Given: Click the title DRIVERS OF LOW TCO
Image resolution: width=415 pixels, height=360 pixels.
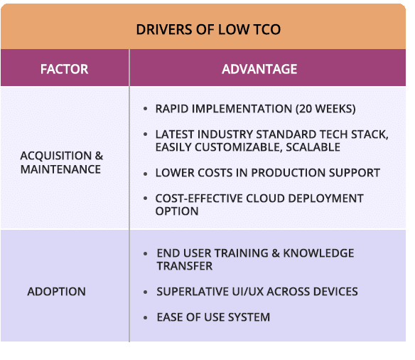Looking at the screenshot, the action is coord(208,29).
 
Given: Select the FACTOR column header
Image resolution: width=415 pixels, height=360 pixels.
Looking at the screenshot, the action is coord(64,69).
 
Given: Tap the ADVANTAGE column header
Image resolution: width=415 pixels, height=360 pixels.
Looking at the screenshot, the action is coord(259,69).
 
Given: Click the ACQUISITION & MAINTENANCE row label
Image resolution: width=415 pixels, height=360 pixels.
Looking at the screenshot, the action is coord(61,162).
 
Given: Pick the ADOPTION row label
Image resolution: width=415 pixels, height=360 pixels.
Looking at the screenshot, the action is coord(56,292).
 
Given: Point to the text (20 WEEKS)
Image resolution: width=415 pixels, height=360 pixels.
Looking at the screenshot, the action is coord(325,109).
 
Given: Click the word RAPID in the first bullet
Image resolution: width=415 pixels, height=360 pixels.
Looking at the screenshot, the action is coord(172,109).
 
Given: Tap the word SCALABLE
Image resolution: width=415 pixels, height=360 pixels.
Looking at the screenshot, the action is coord(313,147).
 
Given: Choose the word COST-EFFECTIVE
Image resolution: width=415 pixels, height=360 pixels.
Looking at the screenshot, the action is coord(199,198).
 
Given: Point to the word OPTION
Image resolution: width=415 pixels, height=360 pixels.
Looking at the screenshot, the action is coord(177,211).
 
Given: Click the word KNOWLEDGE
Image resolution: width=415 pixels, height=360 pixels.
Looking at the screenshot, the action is coord(318,253).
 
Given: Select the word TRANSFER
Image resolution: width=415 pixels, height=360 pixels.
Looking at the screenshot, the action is coord(185,265).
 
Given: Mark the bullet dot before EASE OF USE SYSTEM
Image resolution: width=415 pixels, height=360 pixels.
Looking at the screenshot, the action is coord(145,317).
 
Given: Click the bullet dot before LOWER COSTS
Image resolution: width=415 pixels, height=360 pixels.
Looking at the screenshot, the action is coord(145,174).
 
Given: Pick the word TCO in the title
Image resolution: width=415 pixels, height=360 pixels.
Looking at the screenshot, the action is coord(267,29).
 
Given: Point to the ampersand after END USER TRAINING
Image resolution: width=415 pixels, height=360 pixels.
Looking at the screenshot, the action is coord(276,253).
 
